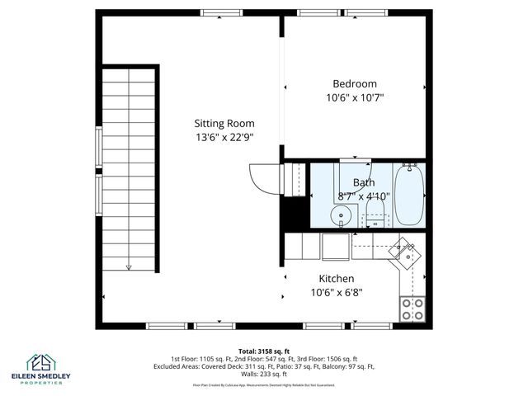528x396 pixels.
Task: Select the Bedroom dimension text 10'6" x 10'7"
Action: coord(355,97)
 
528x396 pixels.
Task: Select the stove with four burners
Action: coord(412,309)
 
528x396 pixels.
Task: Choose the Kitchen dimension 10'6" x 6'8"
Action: coord(337,292)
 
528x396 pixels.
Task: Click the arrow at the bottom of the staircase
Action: coord(129,266)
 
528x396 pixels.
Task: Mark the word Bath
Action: coord(363,182)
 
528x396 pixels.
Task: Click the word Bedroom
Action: coord(355,83)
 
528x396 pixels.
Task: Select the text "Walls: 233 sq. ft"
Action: coord(263,374)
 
